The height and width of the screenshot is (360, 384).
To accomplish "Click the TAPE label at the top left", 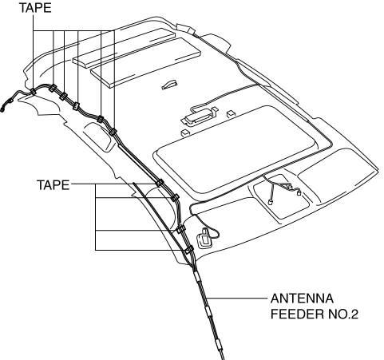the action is [35, 8].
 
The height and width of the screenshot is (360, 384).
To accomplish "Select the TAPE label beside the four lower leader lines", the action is [53, 184].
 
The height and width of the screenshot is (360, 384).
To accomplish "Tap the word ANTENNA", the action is [302, 299].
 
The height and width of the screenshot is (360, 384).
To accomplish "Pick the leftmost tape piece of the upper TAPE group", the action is [33, 92].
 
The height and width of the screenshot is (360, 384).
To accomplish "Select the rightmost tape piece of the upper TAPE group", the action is [113, 132].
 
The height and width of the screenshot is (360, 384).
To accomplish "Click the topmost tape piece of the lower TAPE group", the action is [160, 183].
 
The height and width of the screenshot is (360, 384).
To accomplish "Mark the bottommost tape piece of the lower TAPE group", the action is [188, 250].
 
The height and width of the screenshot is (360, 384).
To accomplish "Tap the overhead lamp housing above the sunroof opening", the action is [200, 117].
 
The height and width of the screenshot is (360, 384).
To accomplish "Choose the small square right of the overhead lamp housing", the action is [231, 114].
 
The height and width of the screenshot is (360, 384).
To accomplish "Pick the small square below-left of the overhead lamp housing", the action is [185, 133].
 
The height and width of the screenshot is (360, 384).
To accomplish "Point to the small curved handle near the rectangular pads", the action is [169, 85].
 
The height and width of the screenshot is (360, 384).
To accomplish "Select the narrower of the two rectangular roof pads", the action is [124, 48].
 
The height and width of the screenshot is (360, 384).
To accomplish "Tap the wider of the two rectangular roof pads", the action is [146, 62].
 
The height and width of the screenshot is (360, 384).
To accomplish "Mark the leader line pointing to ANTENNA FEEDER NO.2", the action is [237, 299].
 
